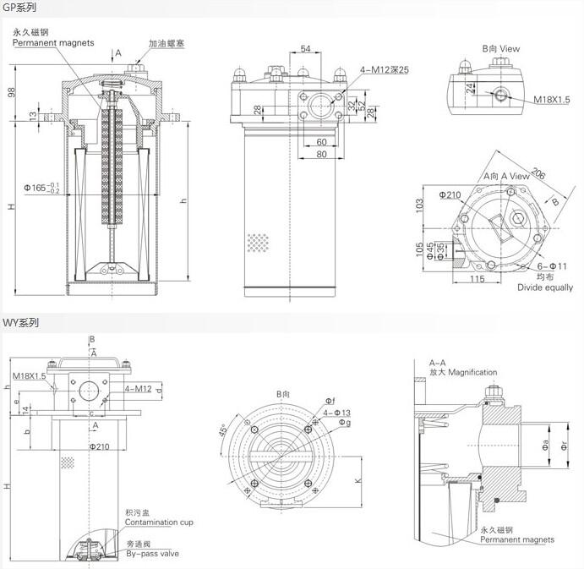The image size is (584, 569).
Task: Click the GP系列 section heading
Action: tap(19, 7)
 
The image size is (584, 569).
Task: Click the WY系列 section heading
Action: tap(19, 322)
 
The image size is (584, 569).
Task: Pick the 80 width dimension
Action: tap(321, 154)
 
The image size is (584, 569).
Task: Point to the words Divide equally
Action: tap(545, 287)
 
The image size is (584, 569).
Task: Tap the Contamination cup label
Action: tap(159, 522)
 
